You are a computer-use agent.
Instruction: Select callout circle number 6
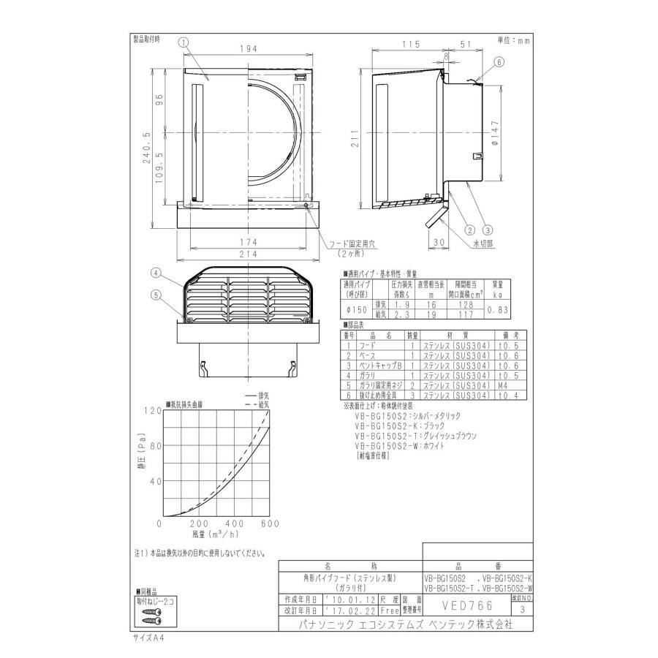coord(499,62)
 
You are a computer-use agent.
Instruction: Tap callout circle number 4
coord(156,273)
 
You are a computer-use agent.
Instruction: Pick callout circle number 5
coord(156,295)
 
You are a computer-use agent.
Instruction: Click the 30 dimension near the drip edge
coord(438,242)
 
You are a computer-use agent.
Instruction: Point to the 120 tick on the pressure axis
coord(151,411)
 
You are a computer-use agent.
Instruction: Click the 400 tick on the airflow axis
coord(235,524)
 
